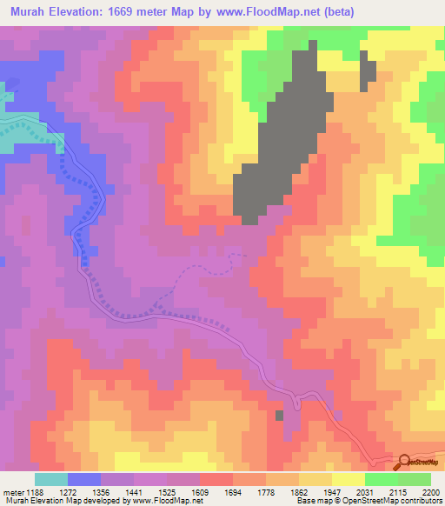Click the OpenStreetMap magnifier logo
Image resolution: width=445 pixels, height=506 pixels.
[404, 462]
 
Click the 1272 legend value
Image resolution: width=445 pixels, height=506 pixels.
[83, 492]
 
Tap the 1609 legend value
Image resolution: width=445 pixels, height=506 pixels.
[229, 492]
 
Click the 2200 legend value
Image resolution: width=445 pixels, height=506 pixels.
[431, 492]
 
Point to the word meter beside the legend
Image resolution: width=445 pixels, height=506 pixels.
[11, 492]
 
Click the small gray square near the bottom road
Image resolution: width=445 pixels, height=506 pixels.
[279, 416]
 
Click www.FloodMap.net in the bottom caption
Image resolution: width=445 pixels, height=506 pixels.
[167, 501]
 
